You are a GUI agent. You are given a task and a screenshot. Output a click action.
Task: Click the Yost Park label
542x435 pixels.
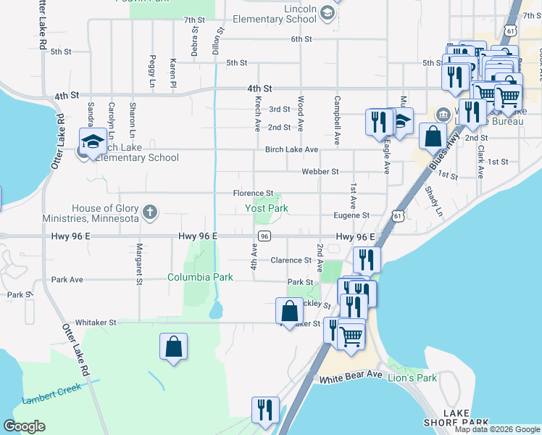click(266, 209)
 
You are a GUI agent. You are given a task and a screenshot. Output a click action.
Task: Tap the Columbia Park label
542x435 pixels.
click(200, 277)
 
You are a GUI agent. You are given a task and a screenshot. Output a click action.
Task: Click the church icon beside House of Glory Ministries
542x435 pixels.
click(149, 212)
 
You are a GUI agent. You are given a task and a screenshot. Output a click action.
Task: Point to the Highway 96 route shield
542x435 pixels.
click(264, 236)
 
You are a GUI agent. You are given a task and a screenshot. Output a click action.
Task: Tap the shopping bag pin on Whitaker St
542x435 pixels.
click(289, 311)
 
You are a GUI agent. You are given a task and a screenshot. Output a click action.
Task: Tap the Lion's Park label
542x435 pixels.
click(412, 378)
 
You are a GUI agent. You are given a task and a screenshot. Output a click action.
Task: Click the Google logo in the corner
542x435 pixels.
click(25, 426)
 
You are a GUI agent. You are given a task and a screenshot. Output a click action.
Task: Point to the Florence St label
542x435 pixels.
click(252, 194)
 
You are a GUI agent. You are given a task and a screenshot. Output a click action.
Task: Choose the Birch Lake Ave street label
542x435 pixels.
click(291, 150)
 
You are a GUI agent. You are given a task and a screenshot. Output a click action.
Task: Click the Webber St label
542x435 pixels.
click(320, 172)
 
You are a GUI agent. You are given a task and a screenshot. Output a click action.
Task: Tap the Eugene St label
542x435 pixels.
click(351, 215)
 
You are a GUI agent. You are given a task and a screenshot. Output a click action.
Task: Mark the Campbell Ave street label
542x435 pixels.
click(337, 114)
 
